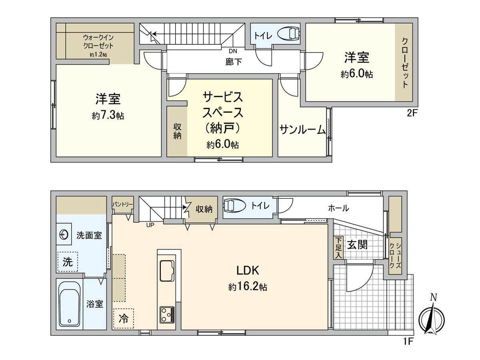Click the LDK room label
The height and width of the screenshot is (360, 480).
click(x=248, y=271)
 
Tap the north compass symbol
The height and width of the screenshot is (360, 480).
click(x=432, y=318)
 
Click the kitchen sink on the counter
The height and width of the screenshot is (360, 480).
click(x=166, y=271)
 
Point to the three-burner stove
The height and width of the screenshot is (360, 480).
click(x=167, y=314)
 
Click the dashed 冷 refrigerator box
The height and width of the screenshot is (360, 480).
click(x=124, y=318)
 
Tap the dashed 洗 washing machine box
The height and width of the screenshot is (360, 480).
click(x=68, y=262)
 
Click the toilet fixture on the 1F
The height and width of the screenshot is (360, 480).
click(x=233, y=206)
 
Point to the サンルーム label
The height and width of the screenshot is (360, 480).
click(x=302, y=130)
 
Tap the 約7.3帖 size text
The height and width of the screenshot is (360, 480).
click(x=108, y=116)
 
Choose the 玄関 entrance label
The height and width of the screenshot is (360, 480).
click(x=357, y=244)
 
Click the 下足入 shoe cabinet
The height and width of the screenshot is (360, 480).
click(x=339, y=248)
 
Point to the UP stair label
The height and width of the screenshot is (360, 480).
click(x=150, y=225)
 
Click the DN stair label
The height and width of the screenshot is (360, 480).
click(x=233, y=51)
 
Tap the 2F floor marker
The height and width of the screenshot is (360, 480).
click(x=412, y=113)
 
